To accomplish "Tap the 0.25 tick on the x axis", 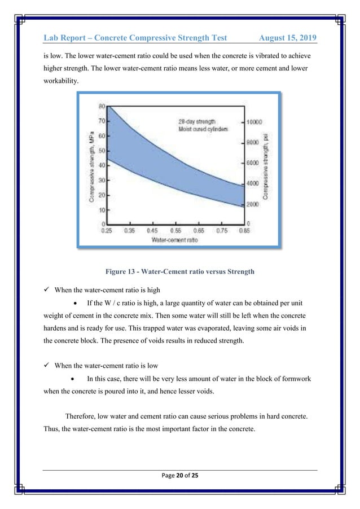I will (106, 231).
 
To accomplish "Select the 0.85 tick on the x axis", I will (245, 231).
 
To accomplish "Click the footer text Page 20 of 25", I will (179, 477).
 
